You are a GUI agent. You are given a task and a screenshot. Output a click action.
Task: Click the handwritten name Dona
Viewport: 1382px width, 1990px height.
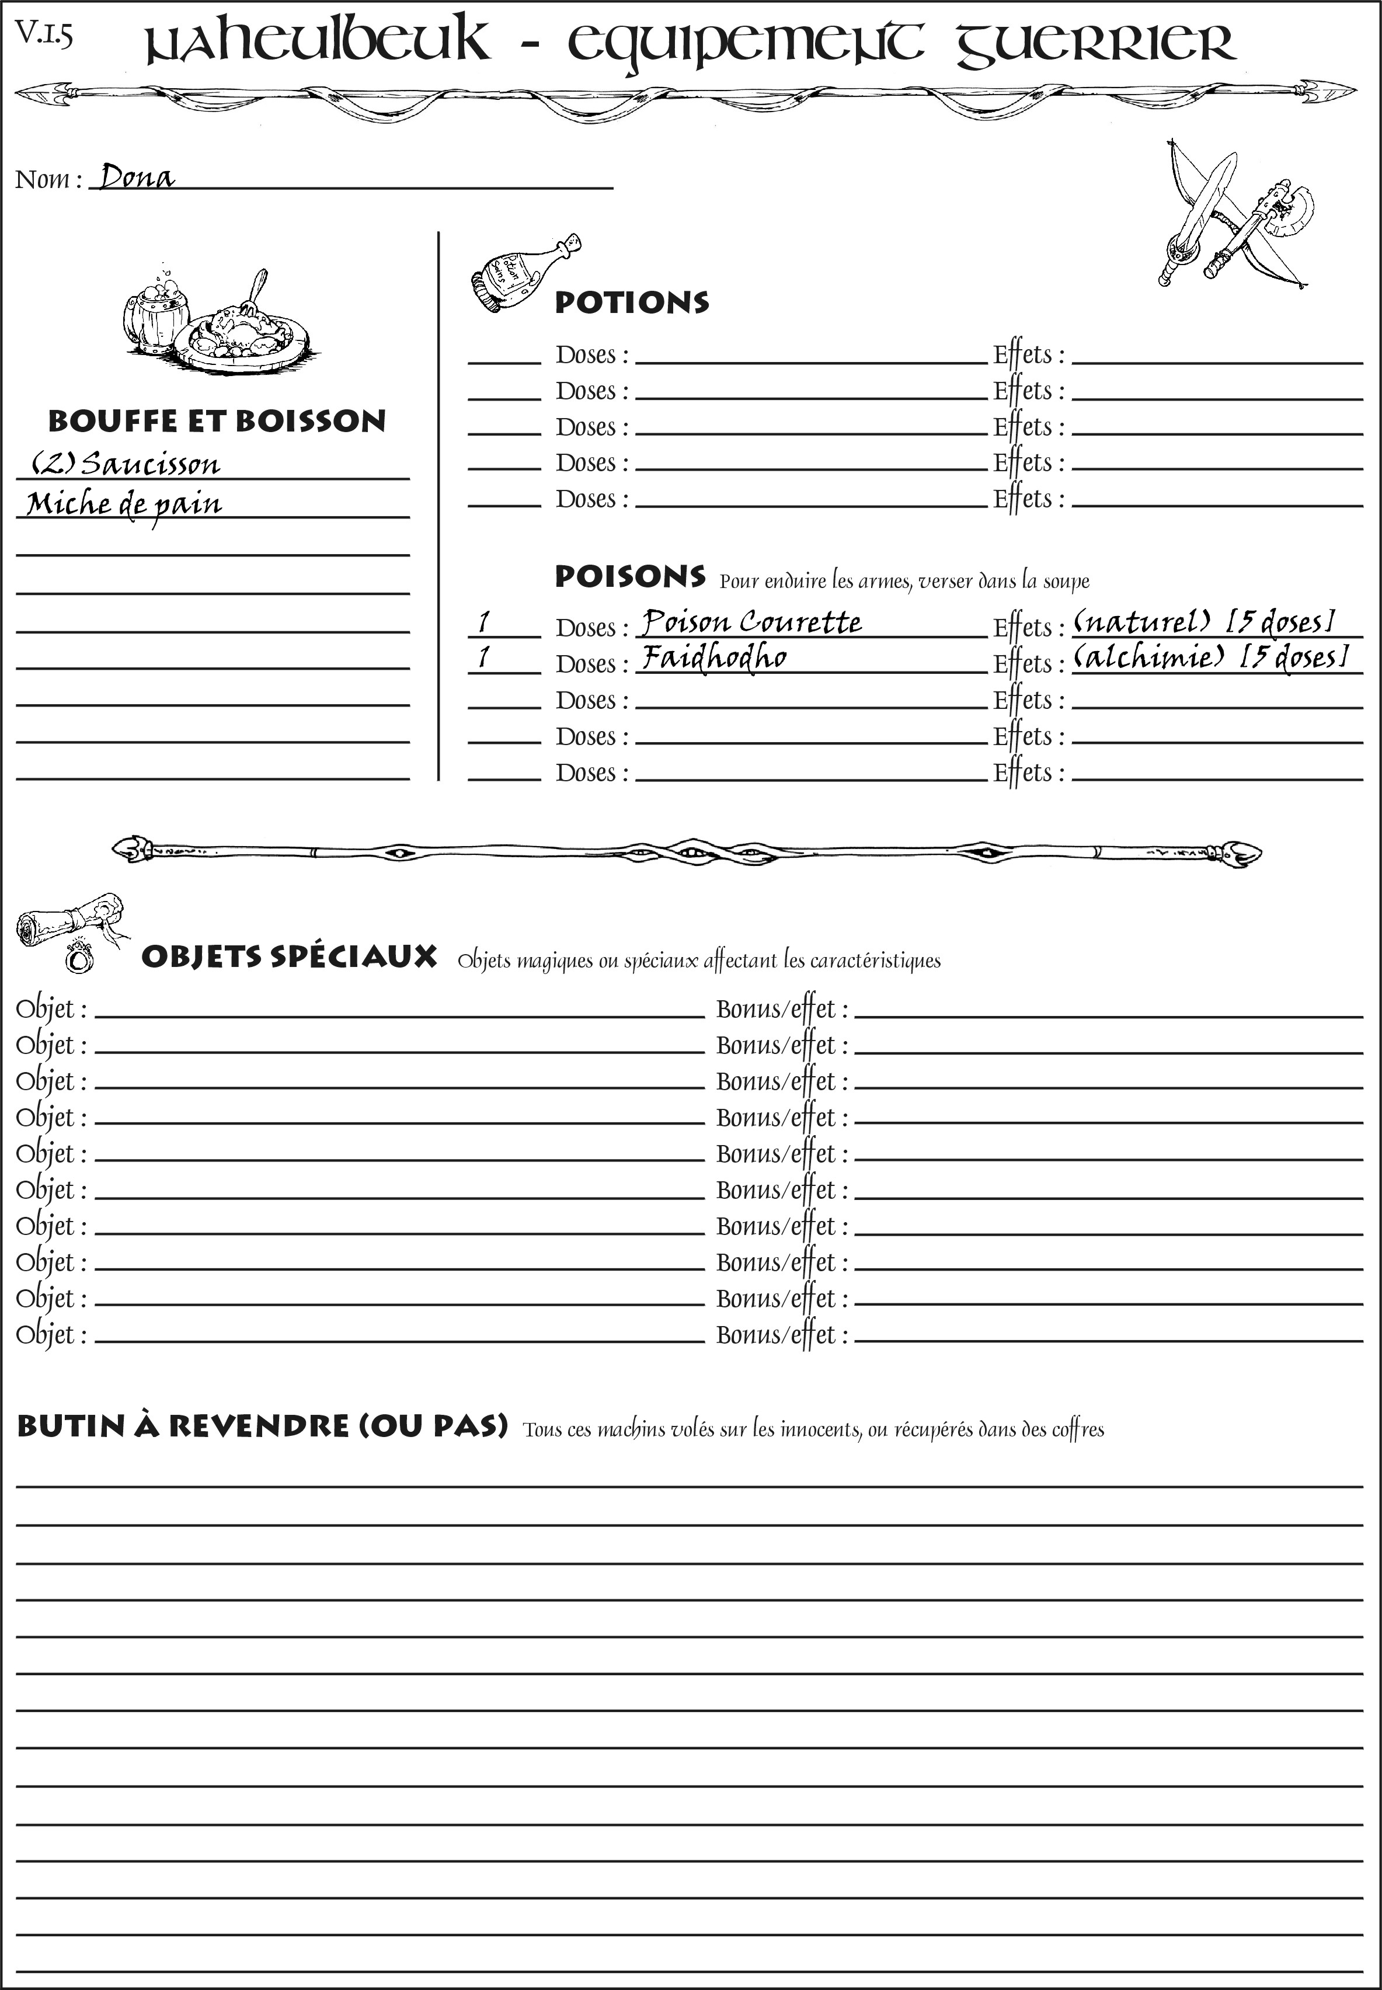click(137, 177)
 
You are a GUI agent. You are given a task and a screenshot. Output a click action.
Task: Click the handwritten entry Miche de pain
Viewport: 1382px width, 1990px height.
click(124, 504)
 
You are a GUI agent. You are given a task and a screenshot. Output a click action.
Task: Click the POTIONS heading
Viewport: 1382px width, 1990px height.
click(631, 302)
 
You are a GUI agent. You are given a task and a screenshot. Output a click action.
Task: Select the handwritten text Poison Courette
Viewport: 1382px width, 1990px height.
click(751, 622)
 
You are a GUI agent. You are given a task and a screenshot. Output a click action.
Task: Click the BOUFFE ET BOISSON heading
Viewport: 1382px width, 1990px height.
click(217, 421)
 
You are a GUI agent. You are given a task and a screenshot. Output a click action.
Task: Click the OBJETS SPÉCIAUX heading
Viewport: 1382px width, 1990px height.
click(288, 957)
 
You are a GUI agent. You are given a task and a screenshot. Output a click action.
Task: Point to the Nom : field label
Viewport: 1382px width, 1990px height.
click(48, 179)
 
